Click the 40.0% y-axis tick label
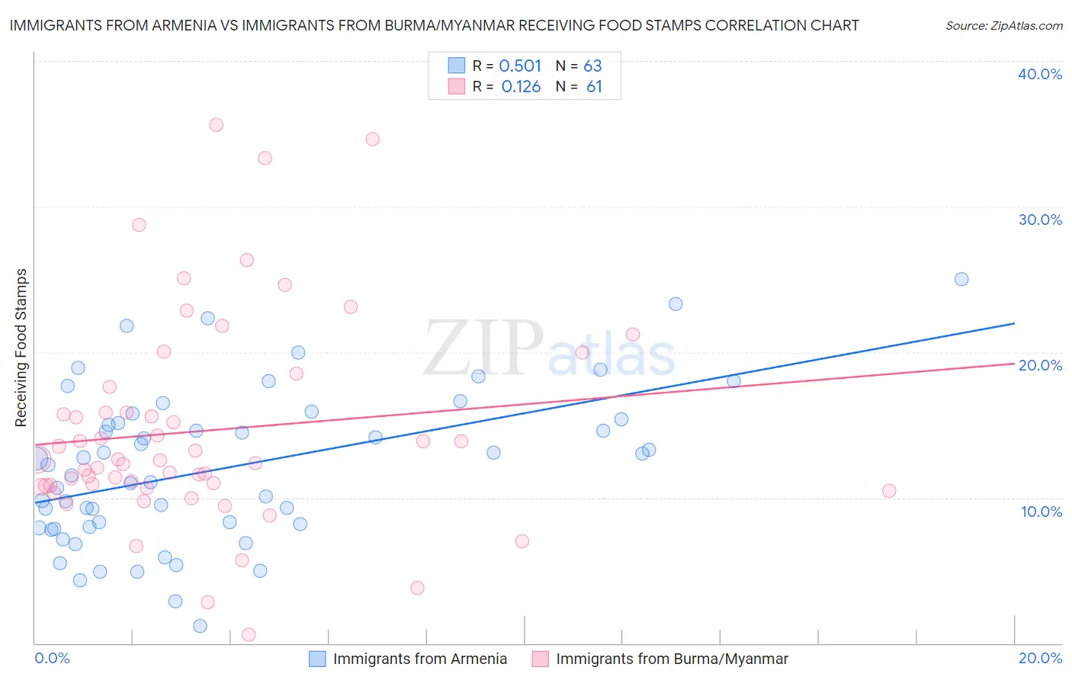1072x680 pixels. (1040, 74)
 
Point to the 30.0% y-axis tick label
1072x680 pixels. (1040, 220)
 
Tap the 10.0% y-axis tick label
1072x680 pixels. (1042, 512)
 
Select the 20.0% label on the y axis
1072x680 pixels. (1040, 365)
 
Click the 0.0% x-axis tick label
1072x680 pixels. (52, 658)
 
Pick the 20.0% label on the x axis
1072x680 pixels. (1040, 658)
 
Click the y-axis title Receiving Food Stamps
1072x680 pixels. (21, 348)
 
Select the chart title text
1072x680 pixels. (434, 25)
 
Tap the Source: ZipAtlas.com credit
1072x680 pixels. (1003, 25)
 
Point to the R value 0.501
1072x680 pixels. (520, 66)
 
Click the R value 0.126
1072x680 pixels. (521, 87)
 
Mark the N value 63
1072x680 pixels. (592, 66)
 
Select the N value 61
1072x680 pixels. (594, 87)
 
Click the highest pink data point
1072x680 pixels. (217, 125)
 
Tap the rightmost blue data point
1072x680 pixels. (961, 279)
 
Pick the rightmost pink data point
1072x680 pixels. (889, 491)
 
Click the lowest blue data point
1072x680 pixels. (200, 626)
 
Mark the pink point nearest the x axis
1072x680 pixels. (249, 634)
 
